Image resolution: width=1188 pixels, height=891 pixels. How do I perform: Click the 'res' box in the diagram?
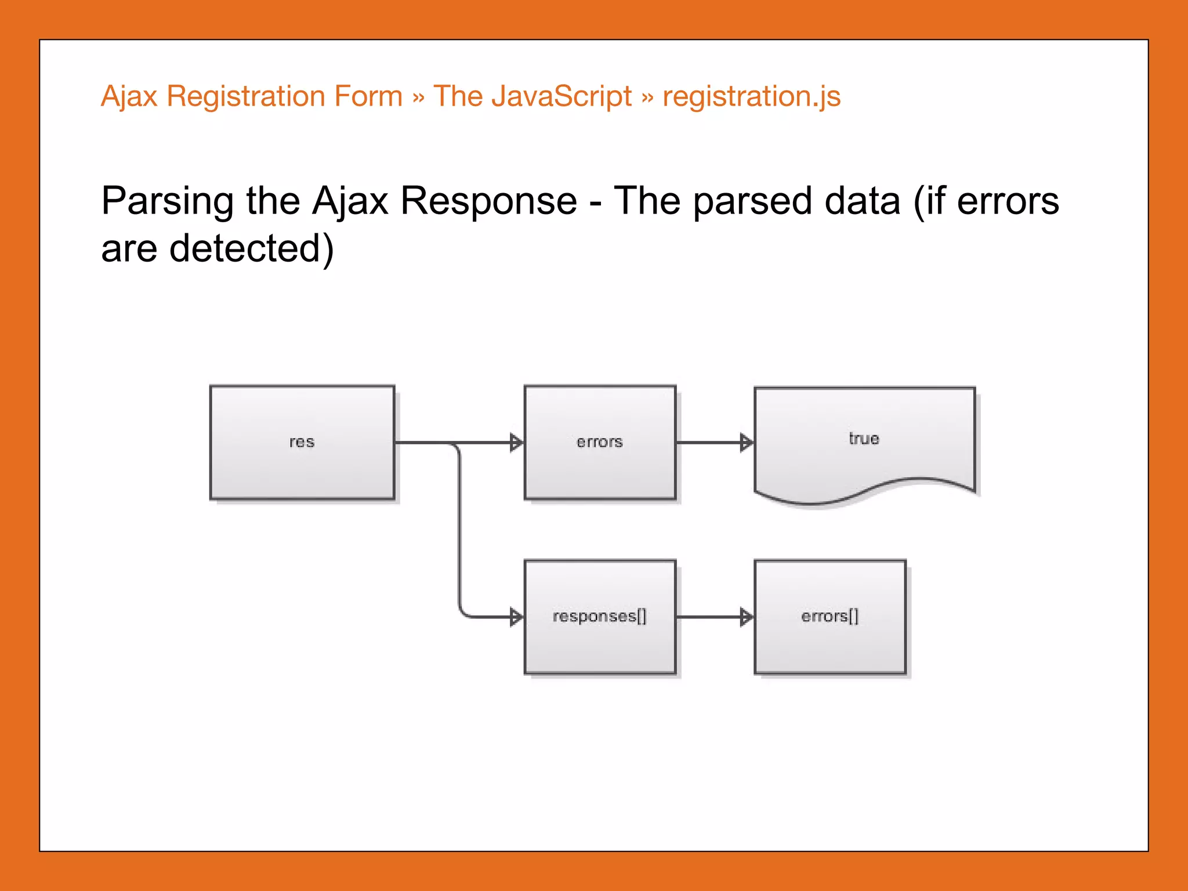[302, 442]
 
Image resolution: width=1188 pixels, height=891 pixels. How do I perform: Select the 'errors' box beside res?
[600, 442]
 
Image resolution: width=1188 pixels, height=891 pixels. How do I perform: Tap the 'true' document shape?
[864, 439]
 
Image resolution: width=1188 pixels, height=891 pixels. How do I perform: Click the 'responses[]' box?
[600, 617]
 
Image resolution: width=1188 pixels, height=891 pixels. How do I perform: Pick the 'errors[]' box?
[830, 617]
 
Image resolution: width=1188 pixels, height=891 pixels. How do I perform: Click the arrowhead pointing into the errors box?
[516, 443]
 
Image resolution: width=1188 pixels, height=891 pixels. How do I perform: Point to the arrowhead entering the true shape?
[746, 443]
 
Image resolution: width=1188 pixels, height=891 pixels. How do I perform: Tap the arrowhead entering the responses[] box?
[516, 617]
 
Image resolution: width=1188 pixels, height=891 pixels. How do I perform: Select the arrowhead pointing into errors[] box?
[746, 617]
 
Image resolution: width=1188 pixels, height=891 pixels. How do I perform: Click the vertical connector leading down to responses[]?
[460, 528]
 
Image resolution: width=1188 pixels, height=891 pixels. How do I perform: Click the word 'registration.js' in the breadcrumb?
[751, 96]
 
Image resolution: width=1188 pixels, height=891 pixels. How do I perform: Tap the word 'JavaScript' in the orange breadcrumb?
[561, 96]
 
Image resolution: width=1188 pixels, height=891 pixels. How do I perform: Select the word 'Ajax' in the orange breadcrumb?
[129, 96]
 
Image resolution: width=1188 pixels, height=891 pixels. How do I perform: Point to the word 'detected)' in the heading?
[251, 249]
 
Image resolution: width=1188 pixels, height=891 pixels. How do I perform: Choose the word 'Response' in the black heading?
[488, 201]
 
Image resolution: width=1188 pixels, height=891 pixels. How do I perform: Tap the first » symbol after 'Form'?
[418, 97]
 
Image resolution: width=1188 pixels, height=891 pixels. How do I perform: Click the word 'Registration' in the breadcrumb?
[244, 96]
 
